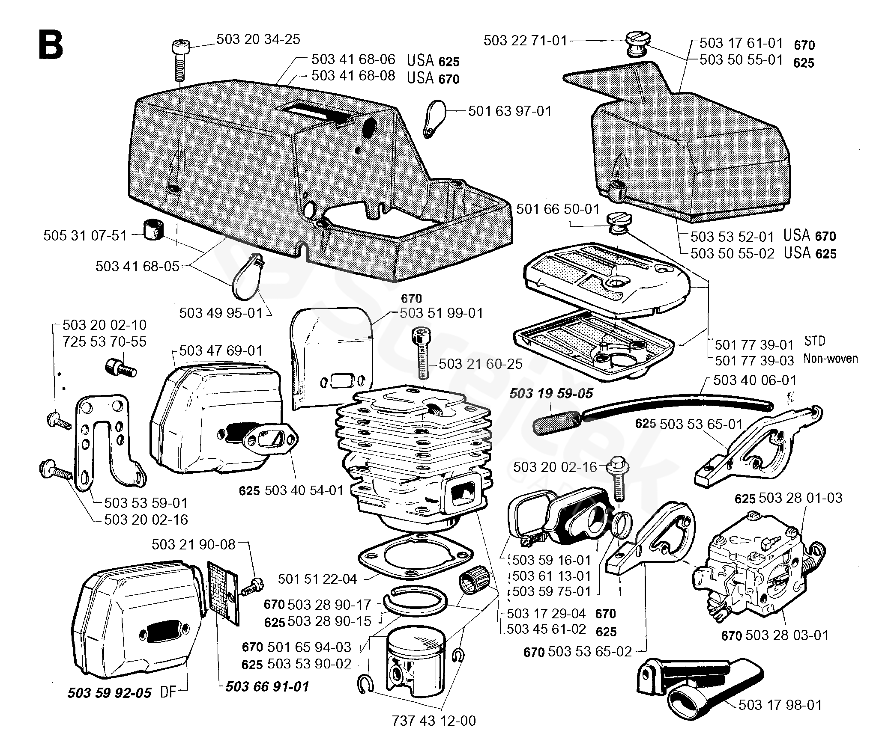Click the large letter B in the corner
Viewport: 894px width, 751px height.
pos(51,45)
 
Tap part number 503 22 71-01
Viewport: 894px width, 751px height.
pos(525,41)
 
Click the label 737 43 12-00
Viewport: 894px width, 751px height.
pos(434,721)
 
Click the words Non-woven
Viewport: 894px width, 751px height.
pos(830,359)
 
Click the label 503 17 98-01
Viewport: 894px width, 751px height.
pos(780,705)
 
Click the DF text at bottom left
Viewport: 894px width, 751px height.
pos(168,692)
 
